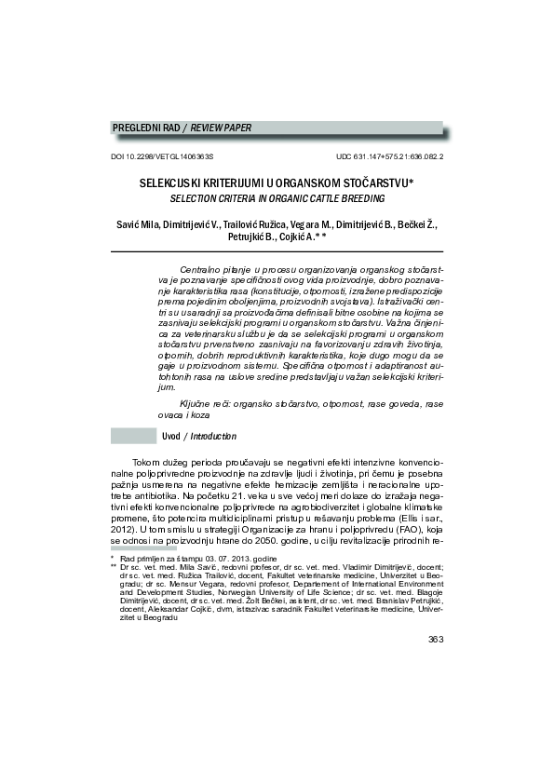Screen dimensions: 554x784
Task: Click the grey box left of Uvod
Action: pos(132,436)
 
